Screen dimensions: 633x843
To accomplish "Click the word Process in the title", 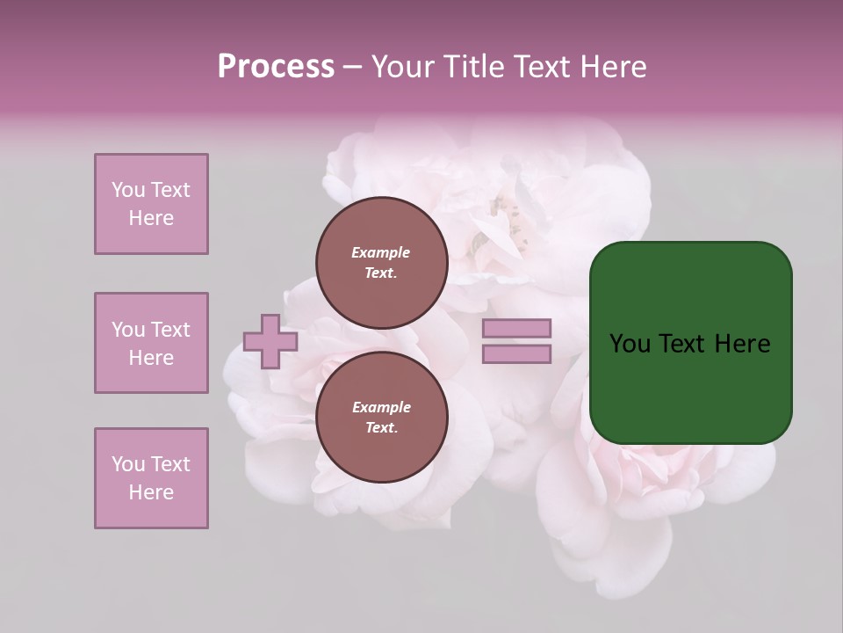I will (276, 67).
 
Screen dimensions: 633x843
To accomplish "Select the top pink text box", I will (151, 204).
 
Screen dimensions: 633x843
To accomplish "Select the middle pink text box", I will (151, 343).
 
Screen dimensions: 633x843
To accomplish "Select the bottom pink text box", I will (151, 478).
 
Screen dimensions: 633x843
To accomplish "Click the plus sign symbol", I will (270, 341).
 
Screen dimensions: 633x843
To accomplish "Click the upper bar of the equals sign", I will (516, 329).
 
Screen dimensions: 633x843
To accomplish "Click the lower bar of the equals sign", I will (516, 354).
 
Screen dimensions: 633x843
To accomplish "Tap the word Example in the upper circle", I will (381, 252).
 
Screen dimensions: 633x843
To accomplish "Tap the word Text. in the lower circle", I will (381, 428).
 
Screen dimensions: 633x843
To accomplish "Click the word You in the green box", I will (630, 344).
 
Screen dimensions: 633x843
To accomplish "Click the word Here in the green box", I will (742, 344).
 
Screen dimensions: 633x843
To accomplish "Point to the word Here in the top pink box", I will (151, 218).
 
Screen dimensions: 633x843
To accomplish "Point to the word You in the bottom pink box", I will (128, 464).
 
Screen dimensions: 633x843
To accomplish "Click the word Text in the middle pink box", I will (170, 330).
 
